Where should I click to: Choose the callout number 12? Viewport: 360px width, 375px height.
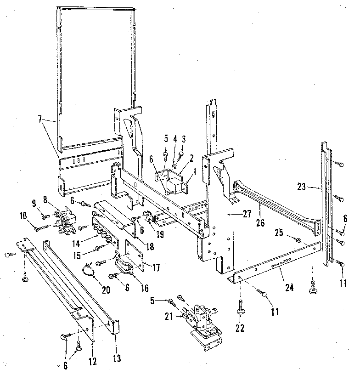point(92,362)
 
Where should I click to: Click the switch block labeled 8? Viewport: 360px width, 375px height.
point(64,218)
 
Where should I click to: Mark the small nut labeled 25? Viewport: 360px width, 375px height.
point(297,239)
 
